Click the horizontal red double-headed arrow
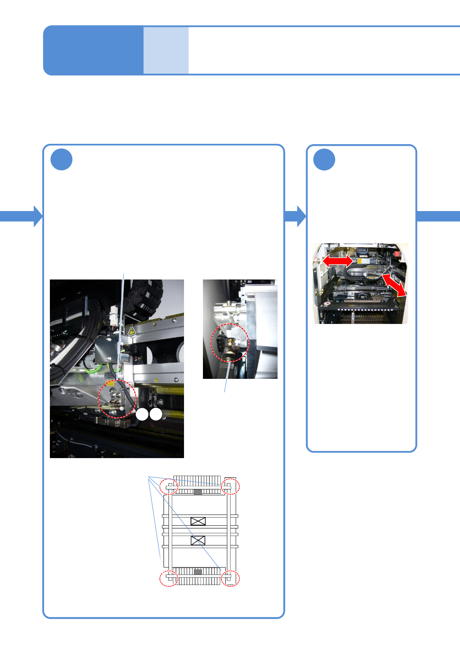pos(337,261)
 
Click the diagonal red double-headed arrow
pos(394,285)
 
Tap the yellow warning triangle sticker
pos(131,331)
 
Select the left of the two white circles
pos(142,414)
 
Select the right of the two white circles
pos(156,414)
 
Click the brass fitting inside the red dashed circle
pos(229,343)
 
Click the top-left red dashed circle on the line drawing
pos(169,486)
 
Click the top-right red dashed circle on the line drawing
pos(230,486)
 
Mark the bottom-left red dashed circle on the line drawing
pos(169,579)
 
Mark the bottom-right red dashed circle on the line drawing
pos(230,579)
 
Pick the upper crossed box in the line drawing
pos(198,521)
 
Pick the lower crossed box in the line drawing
pos(198,540)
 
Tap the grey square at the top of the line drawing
pos(198,492)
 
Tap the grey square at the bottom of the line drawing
pos(198,572)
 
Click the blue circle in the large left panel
pos(61,160)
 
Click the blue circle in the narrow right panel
pos(324,160)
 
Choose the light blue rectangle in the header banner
pos(166,50)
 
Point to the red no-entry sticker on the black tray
pos(327,303)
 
